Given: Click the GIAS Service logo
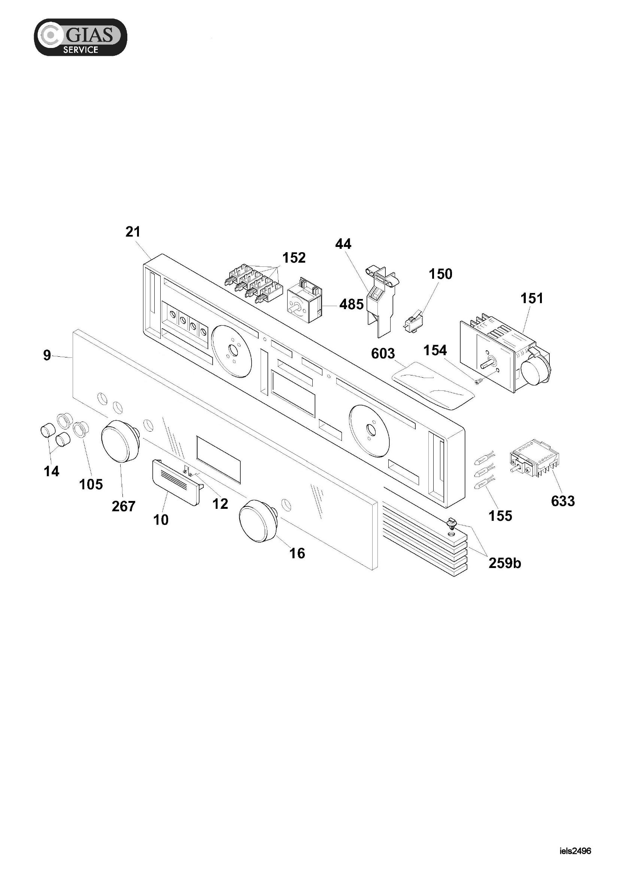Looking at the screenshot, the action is [x=81, y=37].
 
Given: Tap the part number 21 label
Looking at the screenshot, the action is [x=133, y=232].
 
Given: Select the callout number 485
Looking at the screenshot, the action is [x=351, y=304].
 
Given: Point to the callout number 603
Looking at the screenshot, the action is [x=383, y=353].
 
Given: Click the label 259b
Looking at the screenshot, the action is [x=504, y=563].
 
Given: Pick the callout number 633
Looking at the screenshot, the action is [x=562, y=501].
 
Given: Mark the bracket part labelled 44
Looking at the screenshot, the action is [x=382, y=302].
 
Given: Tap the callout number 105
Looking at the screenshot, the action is [x=91, y=484].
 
